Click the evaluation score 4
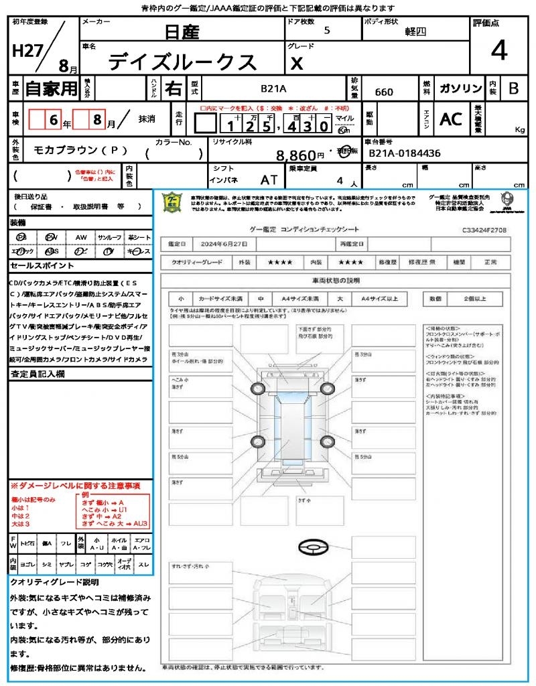[x=498, y=50]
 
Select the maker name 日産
[x=182, y=31]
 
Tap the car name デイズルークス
[x=182, y=62]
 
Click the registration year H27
[x=26, y=51]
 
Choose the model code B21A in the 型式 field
[x=273, y=88]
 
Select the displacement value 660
[x=384, y=92]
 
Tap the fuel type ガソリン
[x=460, y=88]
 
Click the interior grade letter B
[x=513, y=88]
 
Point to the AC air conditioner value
[x=451, y=119]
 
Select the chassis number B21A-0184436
[x=405, y=153]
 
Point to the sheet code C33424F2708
[x=484, y=229]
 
